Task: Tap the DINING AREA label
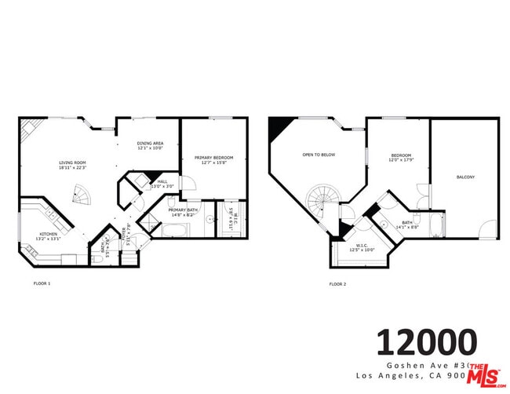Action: pos(149,143)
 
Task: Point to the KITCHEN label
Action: pos(48,234)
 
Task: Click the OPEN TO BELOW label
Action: pos(319,155)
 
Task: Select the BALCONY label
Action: pos(465,177)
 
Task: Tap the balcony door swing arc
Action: pos(488,231)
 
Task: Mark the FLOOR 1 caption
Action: pos(42,283)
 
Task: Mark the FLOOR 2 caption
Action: pos(337,283)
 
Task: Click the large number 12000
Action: pos(427,342)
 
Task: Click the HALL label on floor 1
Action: pos(162,182)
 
